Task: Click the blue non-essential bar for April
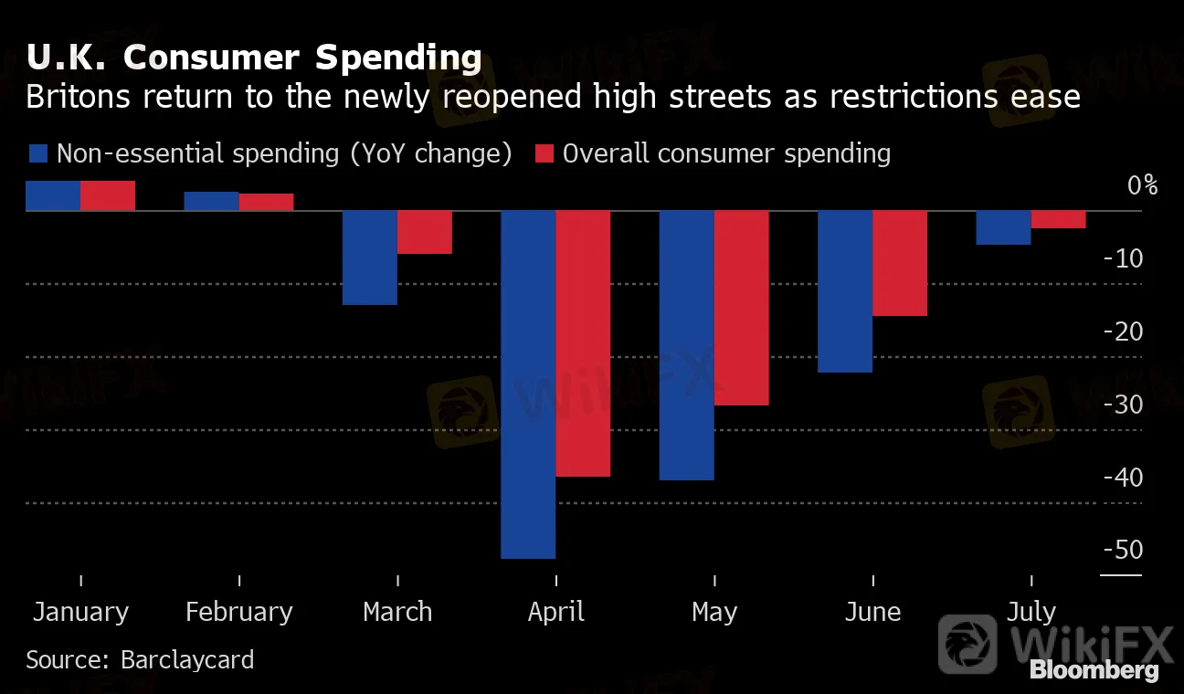(528, 384)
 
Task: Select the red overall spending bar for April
(583, 343)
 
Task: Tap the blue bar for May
(687, 345)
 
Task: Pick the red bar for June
(900, 263)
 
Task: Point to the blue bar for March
(370, 258)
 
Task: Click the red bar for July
(1059, 219)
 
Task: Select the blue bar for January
(53, 195)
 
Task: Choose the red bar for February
(267, 202)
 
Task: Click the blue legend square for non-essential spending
(38, 153)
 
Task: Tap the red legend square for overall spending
(544, 153)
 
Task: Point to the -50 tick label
(1123, 550)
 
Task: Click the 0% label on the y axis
(1142, 185)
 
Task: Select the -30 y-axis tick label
(1123, 405)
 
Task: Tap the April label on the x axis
(555, 611)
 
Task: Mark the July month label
(1031, 611)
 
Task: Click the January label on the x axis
(80, 611)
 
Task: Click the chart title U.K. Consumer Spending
(254, 58)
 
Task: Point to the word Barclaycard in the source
(187, 659)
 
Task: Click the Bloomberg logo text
(1094, 670)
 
